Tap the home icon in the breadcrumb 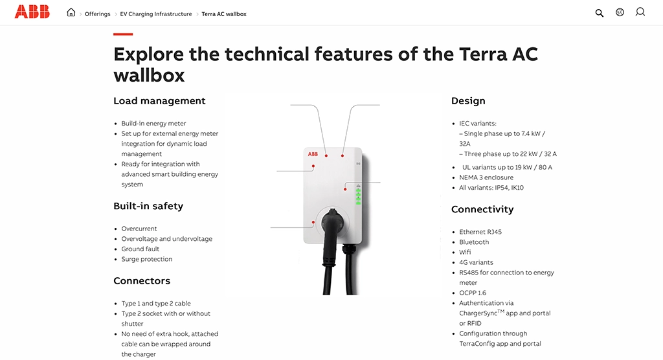pyautogui.click(x=71, y=13)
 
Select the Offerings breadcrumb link pyautogui.click(x=97, y=14)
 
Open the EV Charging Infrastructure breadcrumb pyautogui.click(x=156, y=14)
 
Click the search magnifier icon pyautogui.click(x=600, y=13)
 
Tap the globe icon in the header pyautogui.click(x=620, y=12)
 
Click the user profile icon pyautogui.click(x=640, y=12)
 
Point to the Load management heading pyautogui.click(x=159, y=101)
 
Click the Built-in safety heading pyautogui.click(x=148, y=206)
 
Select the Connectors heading pyautogui.click(x=142, y=281)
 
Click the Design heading pyautogui.click(x=468, y=101)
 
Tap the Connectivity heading pyautogui.click(x=482, y=209)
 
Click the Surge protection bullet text pyautogui.click(x=147, y=259)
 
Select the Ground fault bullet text pyautogui.click(x=140, y=249)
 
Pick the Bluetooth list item pyautogui.click(x=474, y=242)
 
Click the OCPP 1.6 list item pyautogui.click(x=473, y=293)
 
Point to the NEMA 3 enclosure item pyautogui.click(x=486, y=177)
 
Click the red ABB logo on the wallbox pyautogui.click(x=313, y=154)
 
